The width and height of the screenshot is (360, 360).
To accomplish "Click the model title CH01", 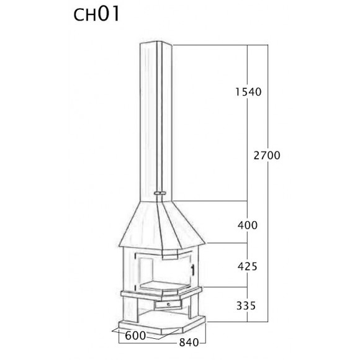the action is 96,14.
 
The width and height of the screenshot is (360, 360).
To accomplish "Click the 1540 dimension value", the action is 248,92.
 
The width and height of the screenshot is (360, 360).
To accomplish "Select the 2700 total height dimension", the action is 267,155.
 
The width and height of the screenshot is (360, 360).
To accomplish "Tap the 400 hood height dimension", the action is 248,225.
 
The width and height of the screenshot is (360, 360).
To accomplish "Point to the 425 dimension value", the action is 248,267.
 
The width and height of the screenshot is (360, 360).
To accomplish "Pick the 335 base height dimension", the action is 246,306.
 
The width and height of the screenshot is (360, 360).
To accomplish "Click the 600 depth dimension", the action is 135,336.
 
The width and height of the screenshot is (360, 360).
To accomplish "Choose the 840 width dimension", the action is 189,343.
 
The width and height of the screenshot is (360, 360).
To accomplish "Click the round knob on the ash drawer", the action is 169,304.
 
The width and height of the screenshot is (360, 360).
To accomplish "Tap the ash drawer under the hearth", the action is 168,305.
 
